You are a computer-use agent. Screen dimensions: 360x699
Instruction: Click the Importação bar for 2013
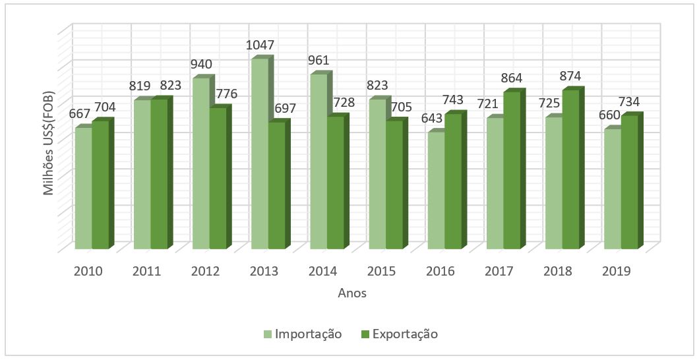pos(259,155)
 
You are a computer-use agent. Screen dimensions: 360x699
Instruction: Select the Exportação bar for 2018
pos(570,169)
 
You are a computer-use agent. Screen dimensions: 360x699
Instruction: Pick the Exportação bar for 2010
pos(100,185)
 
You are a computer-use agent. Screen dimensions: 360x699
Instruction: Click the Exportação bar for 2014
pos(335,183)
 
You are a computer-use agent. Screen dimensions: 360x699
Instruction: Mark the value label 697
pos(283,107)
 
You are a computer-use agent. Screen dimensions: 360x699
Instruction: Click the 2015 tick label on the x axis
pos(382,271)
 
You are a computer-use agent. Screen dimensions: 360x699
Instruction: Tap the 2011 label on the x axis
pos(147,271)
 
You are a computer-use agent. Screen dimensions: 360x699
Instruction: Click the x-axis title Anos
pos(351,293)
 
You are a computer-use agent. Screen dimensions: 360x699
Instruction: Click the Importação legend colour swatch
pos(268,334)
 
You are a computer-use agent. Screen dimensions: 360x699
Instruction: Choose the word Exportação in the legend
pos(405,334)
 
